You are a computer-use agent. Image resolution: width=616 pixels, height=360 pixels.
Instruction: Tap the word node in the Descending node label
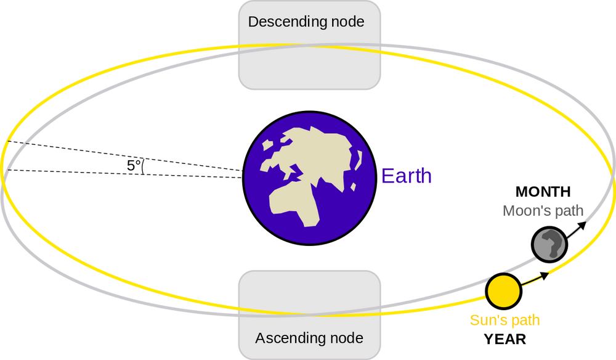click(347, 22)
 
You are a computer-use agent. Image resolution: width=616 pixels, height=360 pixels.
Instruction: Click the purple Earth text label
click(407, 176)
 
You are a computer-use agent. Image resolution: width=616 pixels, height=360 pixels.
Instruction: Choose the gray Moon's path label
click(543, 211)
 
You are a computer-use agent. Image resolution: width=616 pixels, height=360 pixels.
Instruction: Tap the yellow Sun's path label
click(505, 321)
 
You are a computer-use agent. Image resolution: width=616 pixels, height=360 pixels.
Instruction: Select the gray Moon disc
click(548, 245)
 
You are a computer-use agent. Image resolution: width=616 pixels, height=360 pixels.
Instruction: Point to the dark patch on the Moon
click(555, 245)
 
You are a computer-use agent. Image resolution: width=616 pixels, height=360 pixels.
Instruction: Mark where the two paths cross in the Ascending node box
click(308, 311)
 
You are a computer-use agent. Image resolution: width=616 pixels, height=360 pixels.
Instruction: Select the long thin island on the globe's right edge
click(357, 160)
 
